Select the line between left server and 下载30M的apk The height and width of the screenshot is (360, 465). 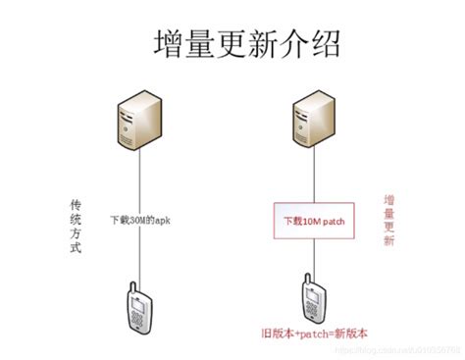tap(141, 167)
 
